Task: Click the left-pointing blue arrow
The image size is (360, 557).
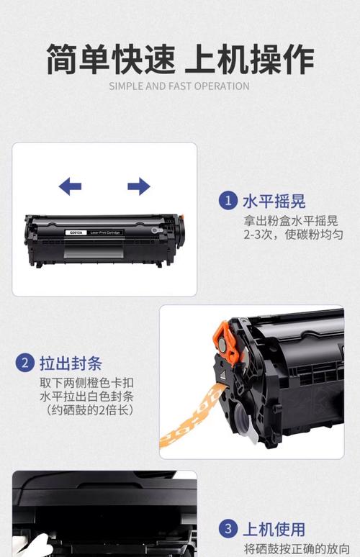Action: (x=70, y=187)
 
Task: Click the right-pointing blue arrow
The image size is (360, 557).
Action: (x=138, y=187)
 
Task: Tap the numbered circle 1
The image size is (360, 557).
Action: (x=228, y=200)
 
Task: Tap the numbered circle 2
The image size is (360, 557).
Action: (x=25, y=362)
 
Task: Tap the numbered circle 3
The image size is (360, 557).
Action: (x=228, y=530)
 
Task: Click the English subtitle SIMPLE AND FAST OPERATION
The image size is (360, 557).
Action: (x=179, y=86)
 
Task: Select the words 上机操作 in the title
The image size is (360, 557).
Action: (x=249, y=58)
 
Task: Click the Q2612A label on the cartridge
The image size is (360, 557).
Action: (x=76, y=232)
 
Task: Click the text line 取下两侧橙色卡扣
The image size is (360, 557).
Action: (x=86, y=383)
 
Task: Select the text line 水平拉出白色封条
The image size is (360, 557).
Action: (x=86, y=397)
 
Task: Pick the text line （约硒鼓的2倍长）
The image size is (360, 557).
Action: (x=86, y=411)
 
